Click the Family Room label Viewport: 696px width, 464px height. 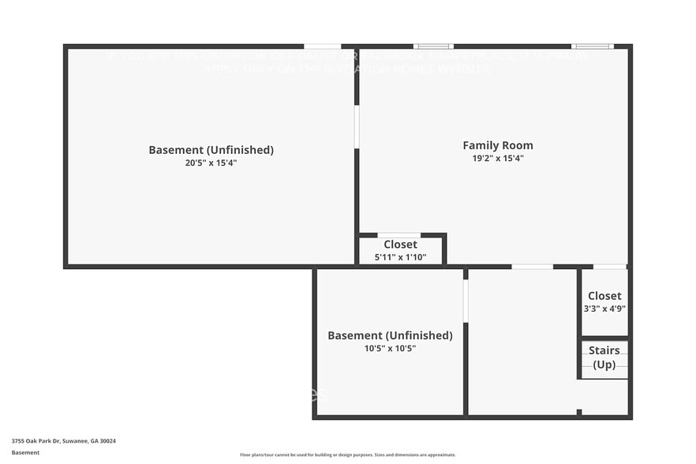tap(497, 145)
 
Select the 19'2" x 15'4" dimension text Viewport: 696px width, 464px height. tap(497, 159)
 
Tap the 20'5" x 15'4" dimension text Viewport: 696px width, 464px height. tap(211, 163)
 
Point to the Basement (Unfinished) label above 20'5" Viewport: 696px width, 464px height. tap(211, 150)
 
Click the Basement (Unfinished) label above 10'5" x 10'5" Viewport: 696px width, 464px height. tap(390, 335)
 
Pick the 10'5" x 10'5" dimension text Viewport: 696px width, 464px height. tap(390, 348)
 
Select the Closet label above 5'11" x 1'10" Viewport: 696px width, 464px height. tap(400, 245)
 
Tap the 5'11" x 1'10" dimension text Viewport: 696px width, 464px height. tap(400, 257)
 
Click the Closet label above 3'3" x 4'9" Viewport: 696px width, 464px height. tap(604, 296)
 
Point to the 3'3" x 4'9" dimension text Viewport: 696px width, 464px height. tap(604, 309)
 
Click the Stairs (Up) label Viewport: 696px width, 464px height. tap(604, 357)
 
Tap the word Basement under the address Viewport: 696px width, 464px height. tap(25, 453)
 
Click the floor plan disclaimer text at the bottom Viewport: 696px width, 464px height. tap(347, 455)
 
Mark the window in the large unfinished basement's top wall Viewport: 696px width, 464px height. tap(322, 47)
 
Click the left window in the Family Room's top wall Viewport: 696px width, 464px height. tap(433, 47)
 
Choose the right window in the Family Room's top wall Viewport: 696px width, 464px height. tap(592, 47)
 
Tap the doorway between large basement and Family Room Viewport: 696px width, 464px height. tap(357, 127)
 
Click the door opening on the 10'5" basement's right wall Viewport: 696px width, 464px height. tap(466, 301)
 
